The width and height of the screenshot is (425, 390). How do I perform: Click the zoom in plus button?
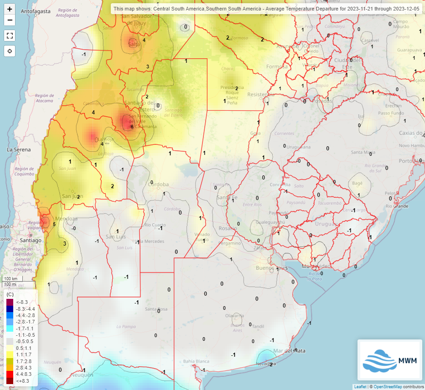coord(10,9)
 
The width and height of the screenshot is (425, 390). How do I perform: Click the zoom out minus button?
coord(10,20)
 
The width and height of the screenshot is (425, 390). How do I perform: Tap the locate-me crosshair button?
coord(10,51)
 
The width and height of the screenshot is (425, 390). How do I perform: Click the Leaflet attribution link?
coord(360,386)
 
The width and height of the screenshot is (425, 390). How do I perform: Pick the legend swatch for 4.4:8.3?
coord(10,373)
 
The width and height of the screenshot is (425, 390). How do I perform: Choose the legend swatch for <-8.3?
coord(10,302)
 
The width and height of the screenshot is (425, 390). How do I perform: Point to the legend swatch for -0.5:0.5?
coord(10,341)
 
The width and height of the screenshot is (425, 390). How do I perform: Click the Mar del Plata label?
coord(286,351)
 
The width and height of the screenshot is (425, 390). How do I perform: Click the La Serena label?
coord(19,149)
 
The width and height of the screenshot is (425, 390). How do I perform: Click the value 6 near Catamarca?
coord(132,127)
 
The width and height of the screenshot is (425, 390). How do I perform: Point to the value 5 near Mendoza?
coord(54,224)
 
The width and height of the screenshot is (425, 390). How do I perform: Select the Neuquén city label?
coord(82,375)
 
